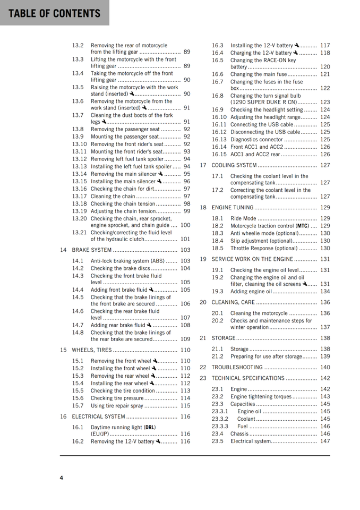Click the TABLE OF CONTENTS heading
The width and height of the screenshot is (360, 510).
[54, 13]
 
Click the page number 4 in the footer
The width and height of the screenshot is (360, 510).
[62, 478]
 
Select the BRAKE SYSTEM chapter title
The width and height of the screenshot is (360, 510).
[92, 250]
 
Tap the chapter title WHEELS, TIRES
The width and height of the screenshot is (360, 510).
[92, 350]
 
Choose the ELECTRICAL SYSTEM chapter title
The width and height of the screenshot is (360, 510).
[99, 417]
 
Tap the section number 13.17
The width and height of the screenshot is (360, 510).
[79, 197]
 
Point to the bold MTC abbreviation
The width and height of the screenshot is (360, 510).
[303, 226]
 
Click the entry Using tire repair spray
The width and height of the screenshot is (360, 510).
[117, 406]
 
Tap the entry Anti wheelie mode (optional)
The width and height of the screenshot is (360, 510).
[264, 233]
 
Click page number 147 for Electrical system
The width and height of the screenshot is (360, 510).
[324, 441]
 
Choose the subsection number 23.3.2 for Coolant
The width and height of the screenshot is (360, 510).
[220, 419]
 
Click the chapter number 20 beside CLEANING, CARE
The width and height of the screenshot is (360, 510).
[203, 303]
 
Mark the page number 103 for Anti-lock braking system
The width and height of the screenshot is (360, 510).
[185, 261]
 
